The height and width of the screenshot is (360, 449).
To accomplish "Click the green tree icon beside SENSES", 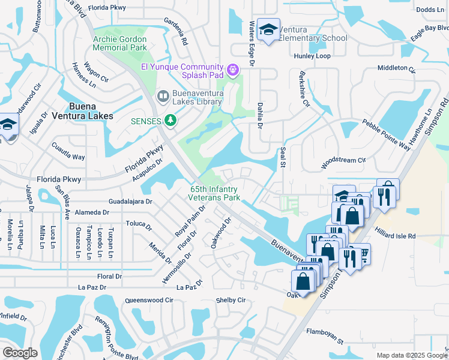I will coord(171,121).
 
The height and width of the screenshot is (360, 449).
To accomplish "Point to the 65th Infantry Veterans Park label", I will coord(214,193).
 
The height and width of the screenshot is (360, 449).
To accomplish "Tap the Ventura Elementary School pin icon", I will coord(268,29).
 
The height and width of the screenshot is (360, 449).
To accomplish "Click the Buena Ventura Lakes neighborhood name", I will coord(82,112).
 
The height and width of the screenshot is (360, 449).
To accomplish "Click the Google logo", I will coord(20,353).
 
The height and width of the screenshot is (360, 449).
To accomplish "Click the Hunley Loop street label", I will coord(312,56).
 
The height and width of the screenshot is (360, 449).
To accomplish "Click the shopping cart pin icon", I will coord(361,254).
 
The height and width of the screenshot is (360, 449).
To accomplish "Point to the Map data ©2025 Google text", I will coord(412,355).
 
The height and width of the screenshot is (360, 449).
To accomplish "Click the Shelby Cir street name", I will coord(231,300).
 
